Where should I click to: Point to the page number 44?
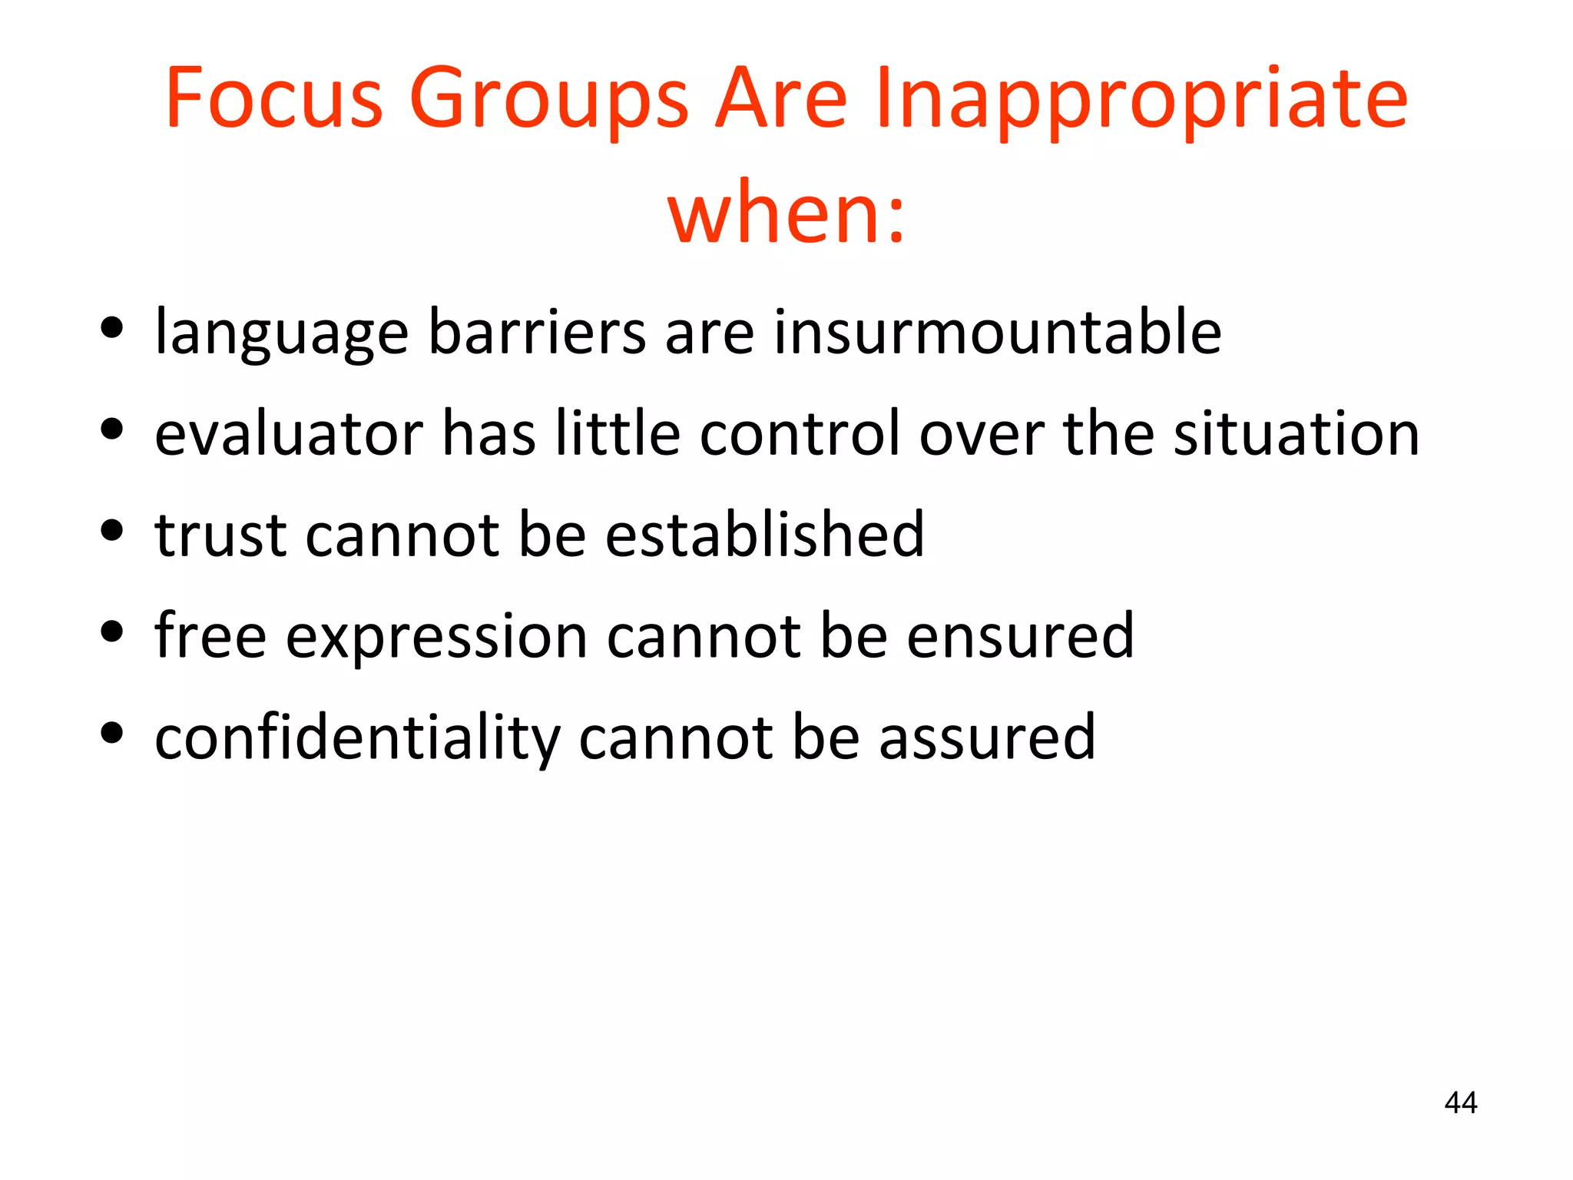pyautogui.click(x=1460, y=1102)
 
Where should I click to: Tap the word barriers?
pyautogui.click(x=537, y=332)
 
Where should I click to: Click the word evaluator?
pyautogui.click(x=289, y=433)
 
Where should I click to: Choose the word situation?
pyautogui.click(x=1296, y=433)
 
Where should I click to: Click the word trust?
pyautogui.click(x=221, y=535)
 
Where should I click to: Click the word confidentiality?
pyautogui.click(x=357, y=737)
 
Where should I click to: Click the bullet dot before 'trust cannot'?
pyautogui.click(x=112, y=530)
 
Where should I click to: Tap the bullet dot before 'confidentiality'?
pyautogui.click(x=112, y=733)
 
